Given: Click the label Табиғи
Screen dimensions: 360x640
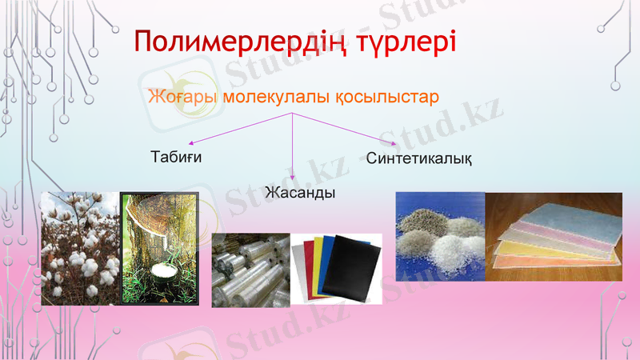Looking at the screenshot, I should coord(176,156).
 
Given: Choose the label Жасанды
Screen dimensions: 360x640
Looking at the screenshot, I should coord(299,194).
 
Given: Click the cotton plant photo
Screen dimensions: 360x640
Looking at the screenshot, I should coord(80,248).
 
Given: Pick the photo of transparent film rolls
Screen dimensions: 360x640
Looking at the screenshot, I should coord(250,270).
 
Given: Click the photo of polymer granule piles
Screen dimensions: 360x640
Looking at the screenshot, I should coord(440,236).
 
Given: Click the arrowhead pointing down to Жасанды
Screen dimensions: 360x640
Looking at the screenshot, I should coord(293,177).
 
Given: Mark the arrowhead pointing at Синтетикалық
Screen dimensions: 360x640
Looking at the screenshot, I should coord(393,143).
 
